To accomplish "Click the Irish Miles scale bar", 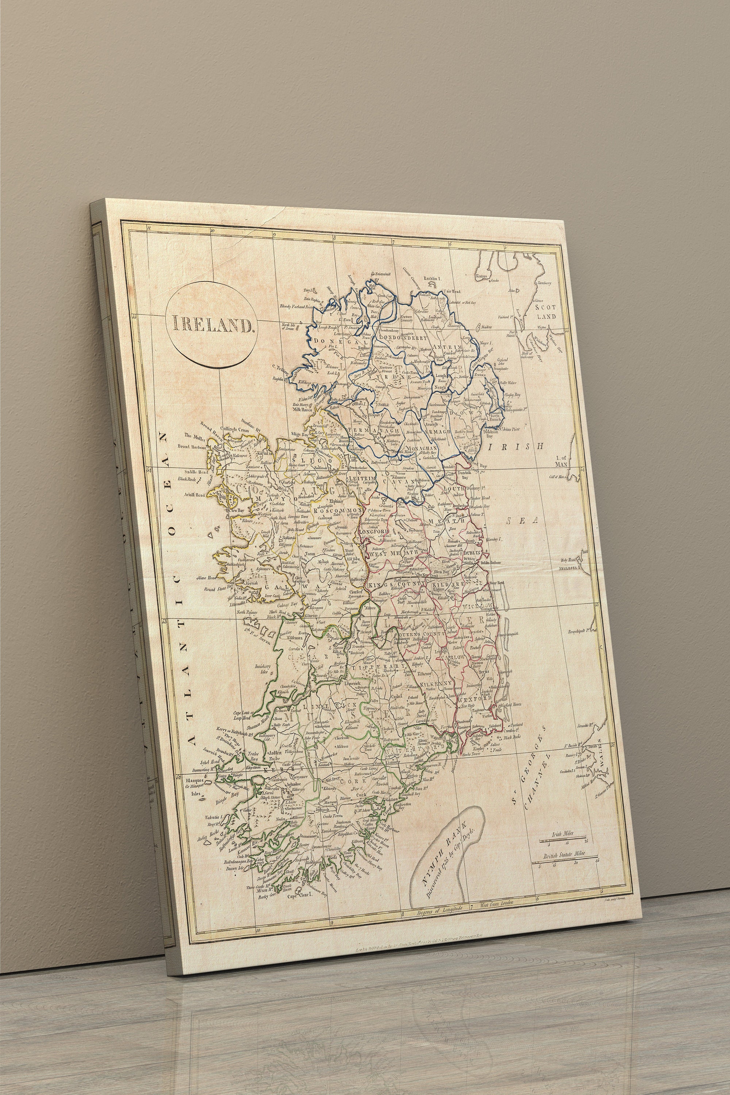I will [562, 841].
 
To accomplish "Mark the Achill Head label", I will [194, 495].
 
